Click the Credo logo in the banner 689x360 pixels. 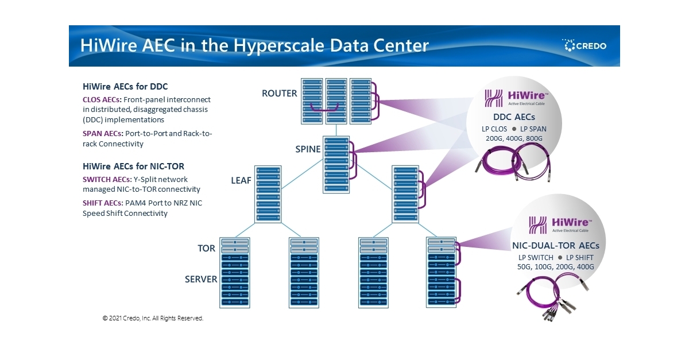584,45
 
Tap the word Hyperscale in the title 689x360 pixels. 277,45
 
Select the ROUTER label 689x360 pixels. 280,94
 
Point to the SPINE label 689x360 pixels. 308,150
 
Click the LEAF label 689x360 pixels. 241,180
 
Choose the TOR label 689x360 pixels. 207,249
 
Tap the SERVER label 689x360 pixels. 201,280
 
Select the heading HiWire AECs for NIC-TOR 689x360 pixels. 133,167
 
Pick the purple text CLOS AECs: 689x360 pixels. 102,99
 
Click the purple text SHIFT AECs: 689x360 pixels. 102,203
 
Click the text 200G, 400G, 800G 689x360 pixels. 514,138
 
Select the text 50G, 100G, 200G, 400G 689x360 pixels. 555,266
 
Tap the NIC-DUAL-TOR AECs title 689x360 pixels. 555,245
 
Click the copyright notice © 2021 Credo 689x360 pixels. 153,318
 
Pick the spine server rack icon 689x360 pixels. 336,164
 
